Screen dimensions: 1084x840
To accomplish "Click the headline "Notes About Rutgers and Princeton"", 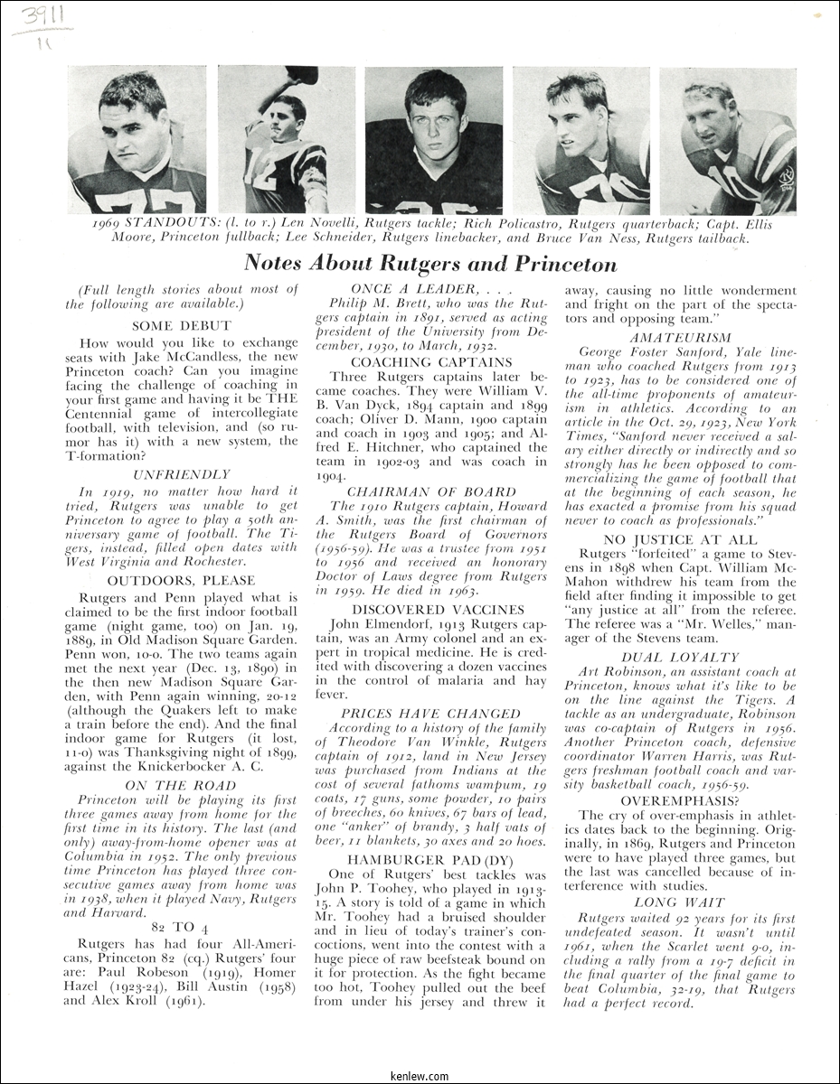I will (x=430, y=264).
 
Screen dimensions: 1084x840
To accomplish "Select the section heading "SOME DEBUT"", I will (x=182, y=325).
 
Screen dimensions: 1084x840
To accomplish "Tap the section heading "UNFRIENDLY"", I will (x=182, y=474).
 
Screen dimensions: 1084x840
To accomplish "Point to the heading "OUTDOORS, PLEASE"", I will (x=182, y=580).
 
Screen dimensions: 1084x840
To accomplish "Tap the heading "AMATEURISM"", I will (x=680, y=337).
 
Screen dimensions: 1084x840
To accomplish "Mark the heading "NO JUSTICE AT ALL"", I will (x=680, y=538).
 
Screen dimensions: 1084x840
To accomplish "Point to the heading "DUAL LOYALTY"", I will (x=680, y=658).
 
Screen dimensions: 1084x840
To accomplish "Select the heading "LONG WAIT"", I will (x=680, y=902).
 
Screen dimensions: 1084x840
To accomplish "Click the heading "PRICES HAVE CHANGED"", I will (x=430, y=714).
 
